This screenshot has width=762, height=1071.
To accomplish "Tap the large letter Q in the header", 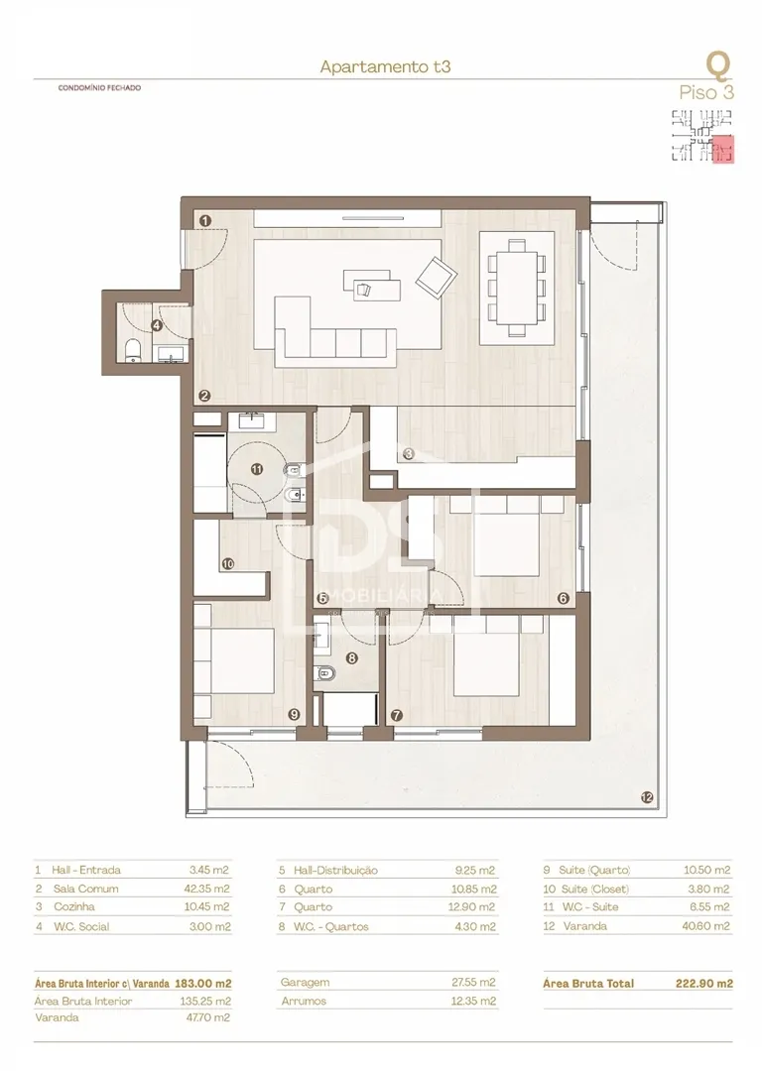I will [x=718, y=63].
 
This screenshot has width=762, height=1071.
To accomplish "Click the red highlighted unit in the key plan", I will [x=722, y=151].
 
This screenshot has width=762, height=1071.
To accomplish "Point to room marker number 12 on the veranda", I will [x=647, y=797].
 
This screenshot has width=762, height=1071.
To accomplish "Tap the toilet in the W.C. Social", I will [x=132, y=349].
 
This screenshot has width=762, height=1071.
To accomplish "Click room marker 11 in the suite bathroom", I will [x=257, y=470].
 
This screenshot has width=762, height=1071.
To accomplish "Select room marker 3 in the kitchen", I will [x=408, y=455].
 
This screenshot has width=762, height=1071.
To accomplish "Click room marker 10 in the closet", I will [x=227, y=564].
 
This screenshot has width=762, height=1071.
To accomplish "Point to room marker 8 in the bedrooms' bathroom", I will [x=351, y=656].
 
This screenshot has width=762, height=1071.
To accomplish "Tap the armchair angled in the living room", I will [x=433, y=276].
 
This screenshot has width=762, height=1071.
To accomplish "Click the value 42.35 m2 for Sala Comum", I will [x=207, y=889].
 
